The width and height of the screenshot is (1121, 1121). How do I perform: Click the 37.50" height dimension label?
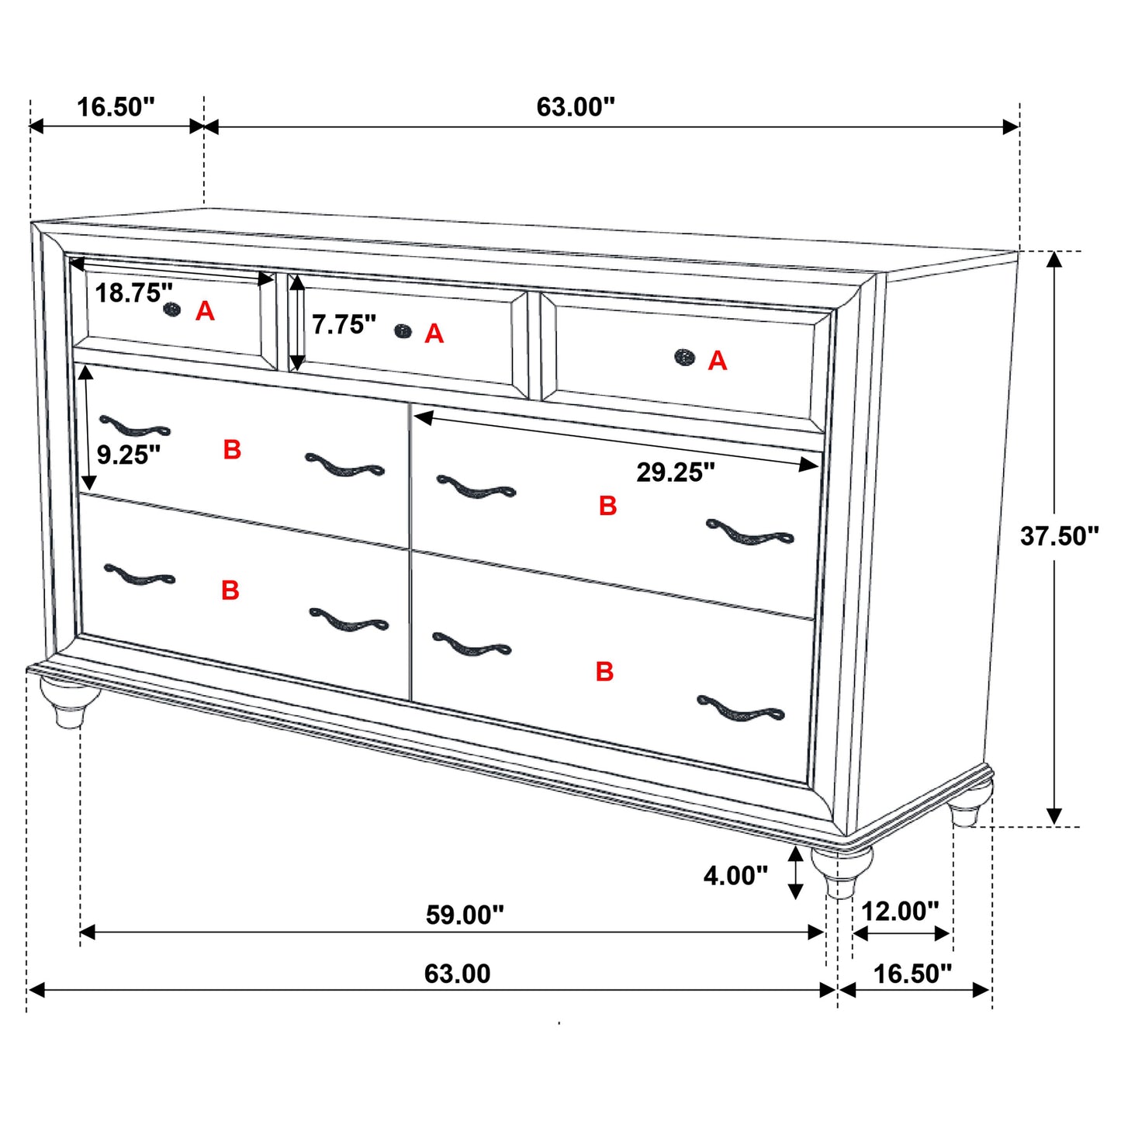1059,536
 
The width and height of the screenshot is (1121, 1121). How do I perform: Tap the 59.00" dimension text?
465,915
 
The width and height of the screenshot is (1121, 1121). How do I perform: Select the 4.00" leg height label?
735,876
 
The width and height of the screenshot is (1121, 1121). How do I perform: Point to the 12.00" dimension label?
900,911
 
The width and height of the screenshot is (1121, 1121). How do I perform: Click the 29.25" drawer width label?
676,472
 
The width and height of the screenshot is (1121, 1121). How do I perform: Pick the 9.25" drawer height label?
129,455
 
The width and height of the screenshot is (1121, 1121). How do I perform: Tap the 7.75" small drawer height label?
344,324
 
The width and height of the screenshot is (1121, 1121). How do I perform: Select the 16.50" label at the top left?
116,107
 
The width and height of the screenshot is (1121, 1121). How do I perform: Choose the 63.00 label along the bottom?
457,974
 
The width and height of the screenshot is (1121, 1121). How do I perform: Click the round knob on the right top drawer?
684,357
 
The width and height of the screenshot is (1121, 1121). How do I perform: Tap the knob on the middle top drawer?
403,331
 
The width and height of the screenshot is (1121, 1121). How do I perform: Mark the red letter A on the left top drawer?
205,311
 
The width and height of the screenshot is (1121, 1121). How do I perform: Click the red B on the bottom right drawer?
604,671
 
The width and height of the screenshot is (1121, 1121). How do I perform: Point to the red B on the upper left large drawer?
232,450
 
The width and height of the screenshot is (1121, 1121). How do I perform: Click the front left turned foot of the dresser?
70,701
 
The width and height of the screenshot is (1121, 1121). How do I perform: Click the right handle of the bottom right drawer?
740,710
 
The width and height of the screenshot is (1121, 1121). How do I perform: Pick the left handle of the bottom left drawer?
140,575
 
